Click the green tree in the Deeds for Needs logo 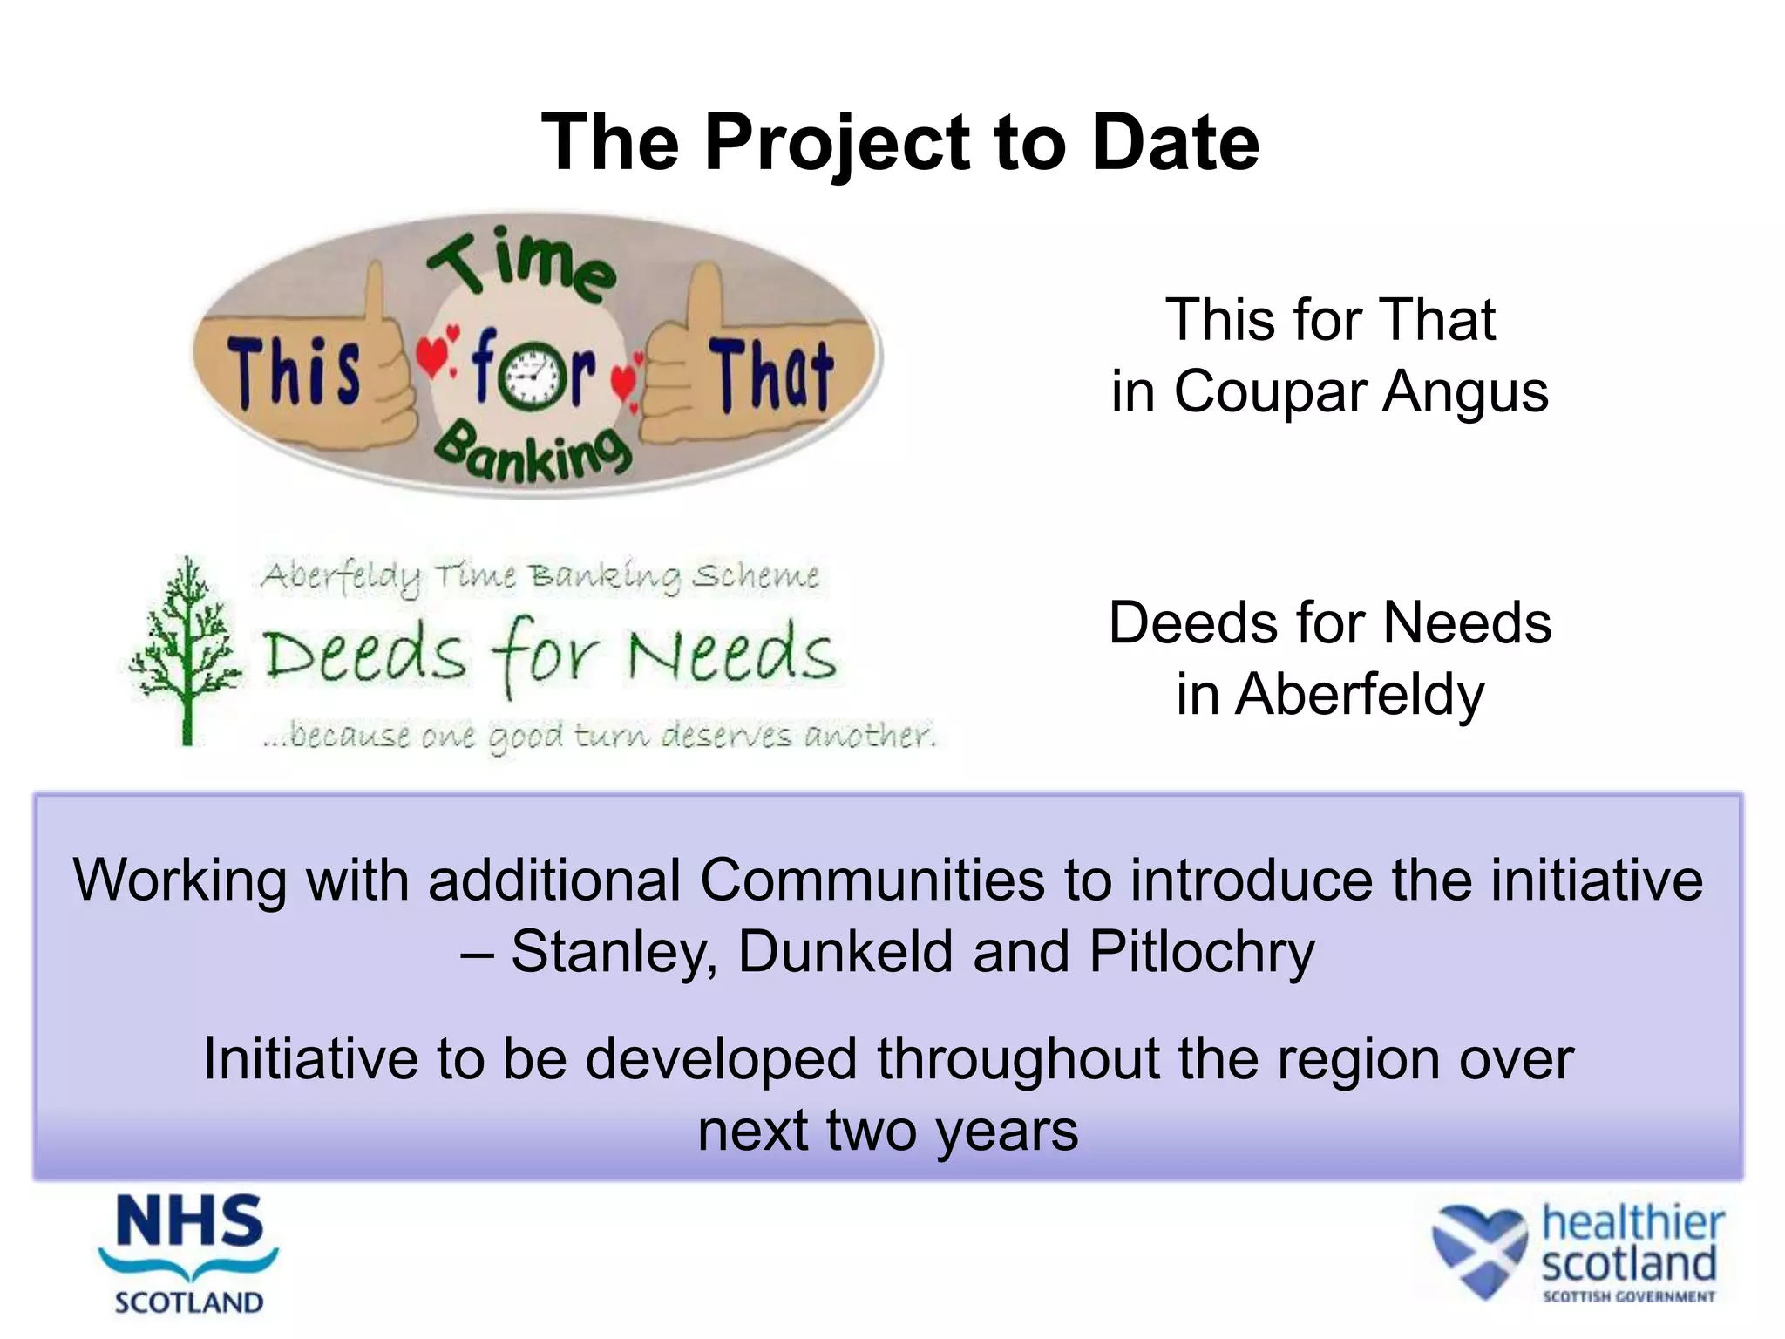[x=186, y=649]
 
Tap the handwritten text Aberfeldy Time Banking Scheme [x=540, y=577]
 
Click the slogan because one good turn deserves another [x=600, y=736]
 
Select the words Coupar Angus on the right [x=1361, y=391]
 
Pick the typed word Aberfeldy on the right [x=1359, y=695]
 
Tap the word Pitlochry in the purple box [x=1202, y=952]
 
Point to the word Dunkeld [x=845, y=952]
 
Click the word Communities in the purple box [x=872, y=880]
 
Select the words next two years [x=888, y=1131]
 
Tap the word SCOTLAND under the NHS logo [x=189, y=1302]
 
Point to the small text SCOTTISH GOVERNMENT [x=1628, y=1297]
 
